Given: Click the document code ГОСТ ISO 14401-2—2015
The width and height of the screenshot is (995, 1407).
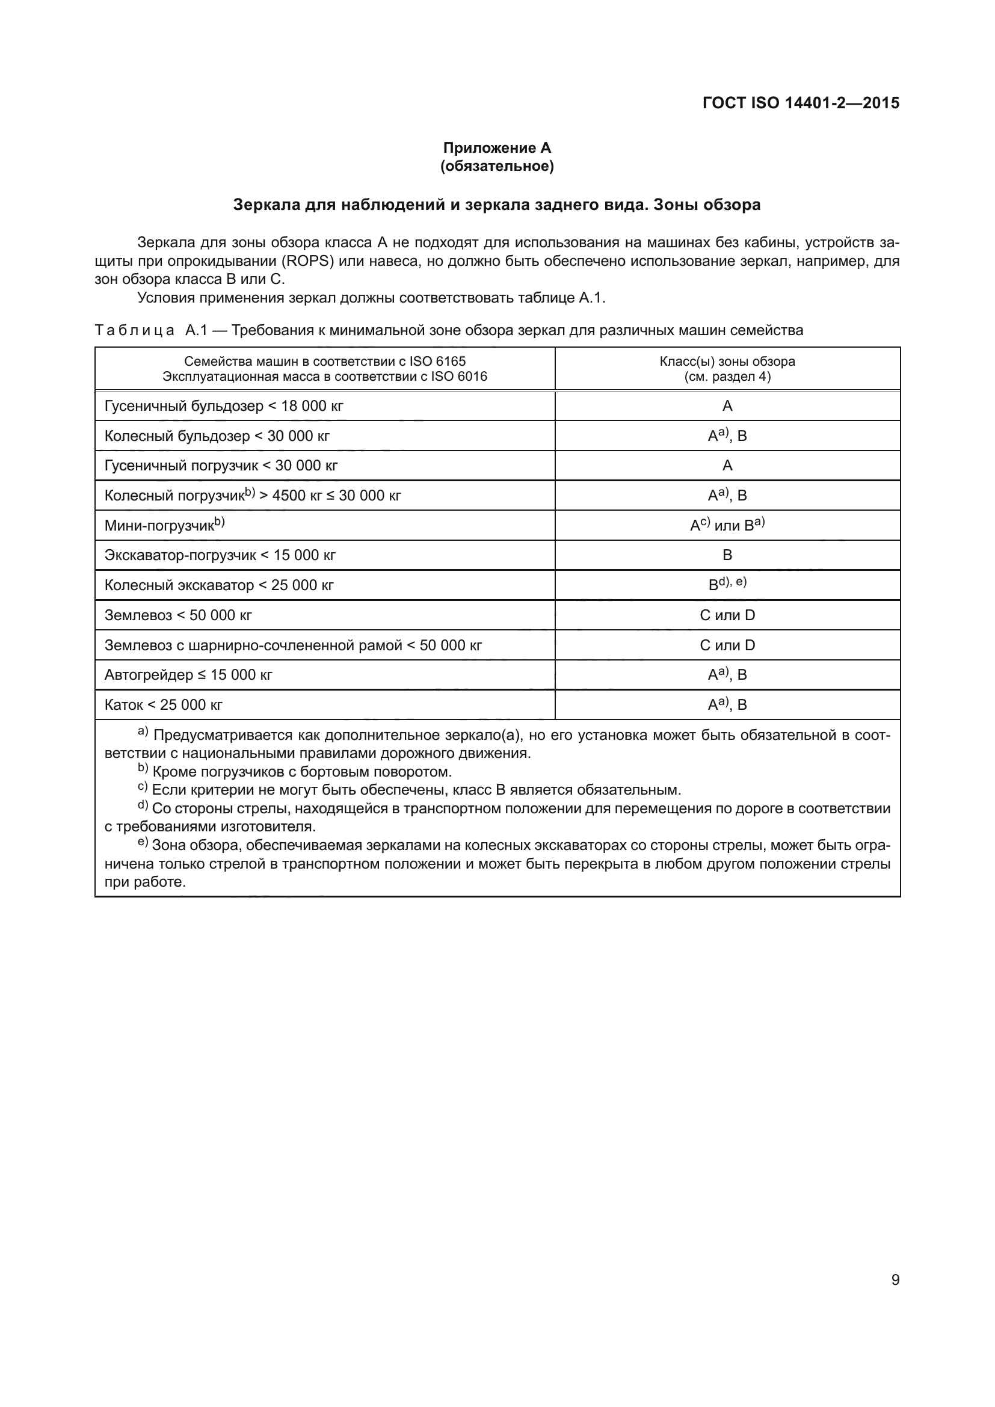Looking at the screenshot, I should (800, 103).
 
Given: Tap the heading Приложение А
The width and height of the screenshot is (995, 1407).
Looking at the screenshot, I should (497, 148).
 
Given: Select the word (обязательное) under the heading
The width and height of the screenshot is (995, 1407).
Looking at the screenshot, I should (497, 166).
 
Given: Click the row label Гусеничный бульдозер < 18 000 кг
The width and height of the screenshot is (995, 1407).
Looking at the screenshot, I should (224, 405).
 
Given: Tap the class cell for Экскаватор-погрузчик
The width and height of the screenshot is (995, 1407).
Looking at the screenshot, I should (727, 555).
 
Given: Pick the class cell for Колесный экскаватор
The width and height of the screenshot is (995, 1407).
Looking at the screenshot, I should (727, 584).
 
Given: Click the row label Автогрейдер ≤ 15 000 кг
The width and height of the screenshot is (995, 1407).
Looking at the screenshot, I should (188, 676).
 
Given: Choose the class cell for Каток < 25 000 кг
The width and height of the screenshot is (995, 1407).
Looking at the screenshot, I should (727, 705).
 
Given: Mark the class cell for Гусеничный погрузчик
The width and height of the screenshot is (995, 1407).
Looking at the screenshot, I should (727, 466).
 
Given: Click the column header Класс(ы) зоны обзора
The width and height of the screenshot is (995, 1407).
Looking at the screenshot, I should (727, 362).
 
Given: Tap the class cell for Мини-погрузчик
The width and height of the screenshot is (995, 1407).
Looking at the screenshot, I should (727, 525).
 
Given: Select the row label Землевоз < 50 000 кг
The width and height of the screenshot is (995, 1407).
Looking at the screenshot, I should (177, 615).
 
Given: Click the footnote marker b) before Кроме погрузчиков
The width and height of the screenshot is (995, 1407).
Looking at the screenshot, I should (143, 769).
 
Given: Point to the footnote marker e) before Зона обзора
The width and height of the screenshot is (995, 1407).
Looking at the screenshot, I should (143, 843).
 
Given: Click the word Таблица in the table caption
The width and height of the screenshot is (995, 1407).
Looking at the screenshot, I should (135, 331).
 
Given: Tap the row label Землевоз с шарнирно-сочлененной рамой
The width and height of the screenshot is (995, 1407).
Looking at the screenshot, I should (293, 645).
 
